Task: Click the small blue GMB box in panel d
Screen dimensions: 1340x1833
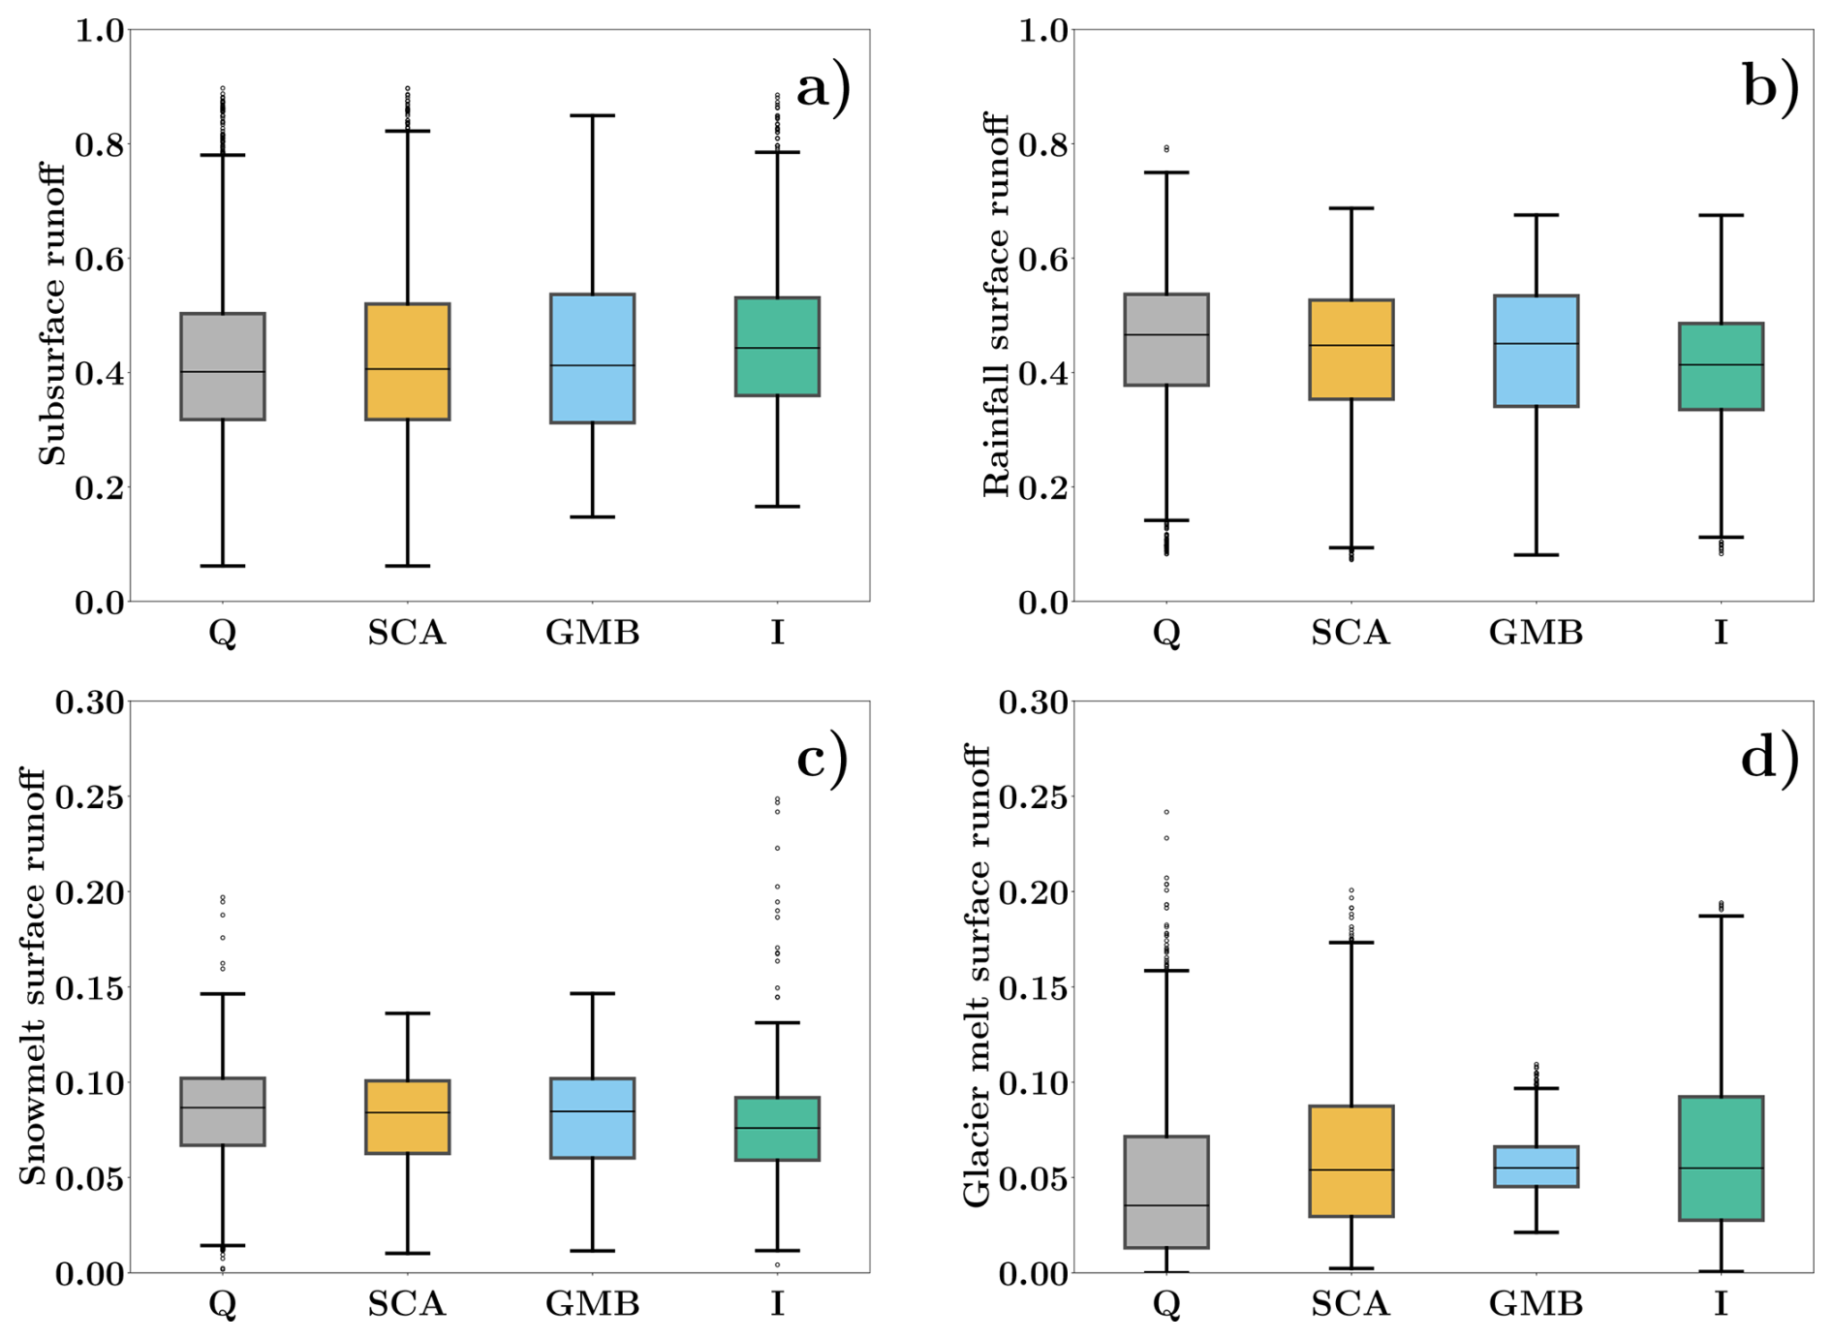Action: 1536,1167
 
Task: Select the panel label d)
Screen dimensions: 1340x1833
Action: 1769,757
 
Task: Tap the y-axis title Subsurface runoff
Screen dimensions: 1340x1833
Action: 52,314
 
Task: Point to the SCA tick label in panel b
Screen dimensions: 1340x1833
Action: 1351,633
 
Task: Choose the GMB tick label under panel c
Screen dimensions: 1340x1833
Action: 592,1304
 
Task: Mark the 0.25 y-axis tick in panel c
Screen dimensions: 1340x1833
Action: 90,797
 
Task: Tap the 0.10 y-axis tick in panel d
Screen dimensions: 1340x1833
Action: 1033,1082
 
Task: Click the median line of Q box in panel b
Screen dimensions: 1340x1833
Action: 1166,334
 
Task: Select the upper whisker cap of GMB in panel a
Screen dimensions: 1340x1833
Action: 592,115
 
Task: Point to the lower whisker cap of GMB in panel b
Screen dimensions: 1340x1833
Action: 1536,554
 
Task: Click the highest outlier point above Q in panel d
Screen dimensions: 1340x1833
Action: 1166,812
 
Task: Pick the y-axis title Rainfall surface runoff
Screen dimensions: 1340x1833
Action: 996,304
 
